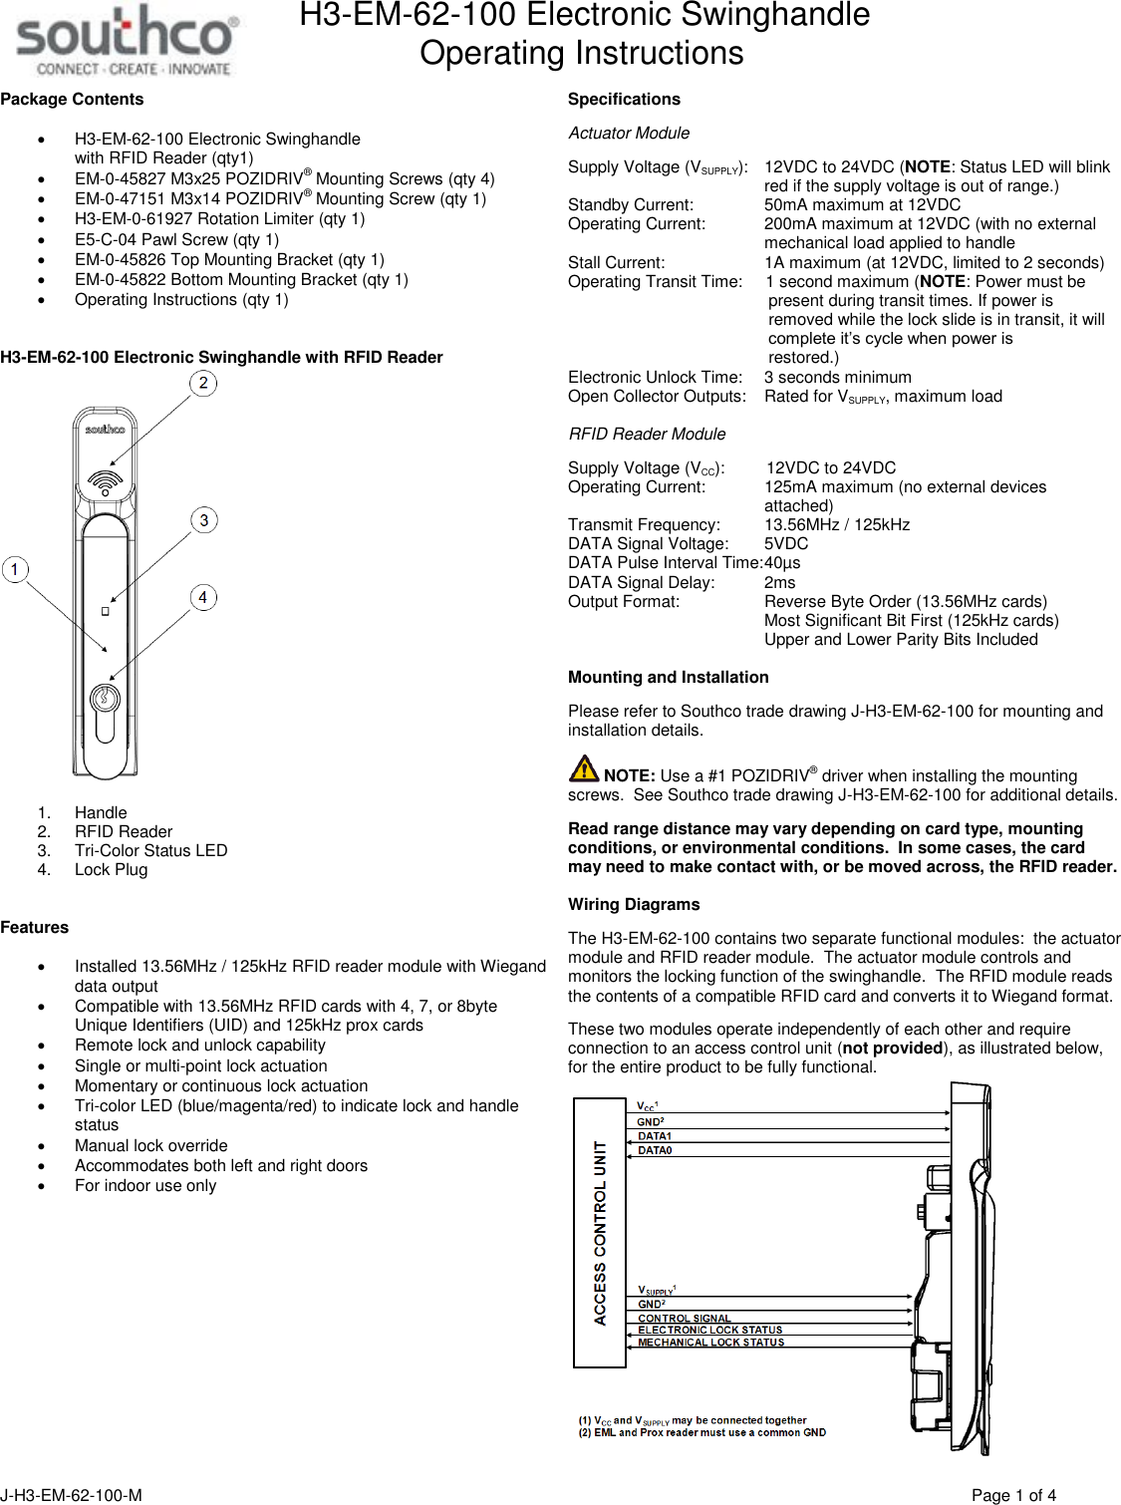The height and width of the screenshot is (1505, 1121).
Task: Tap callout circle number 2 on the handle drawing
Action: point(203,383)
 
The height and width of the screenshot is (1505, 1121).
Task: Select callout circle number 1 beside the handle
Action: point(15,569)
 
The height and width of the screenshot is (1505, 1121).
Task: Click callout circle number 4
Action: point(203,597)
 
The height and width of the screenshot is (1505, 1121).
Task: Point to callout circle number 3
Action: point(204,520)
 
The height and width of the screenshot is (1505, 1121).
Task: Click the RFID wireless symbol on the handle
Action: point(105,482)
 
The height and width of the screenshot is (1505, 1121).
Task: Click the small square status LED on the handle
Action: point(105,611)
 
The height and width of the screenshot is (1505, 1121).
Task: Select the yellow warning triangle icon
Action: point(584,768)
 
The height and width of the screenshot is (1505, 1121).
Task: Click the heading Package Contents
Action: point(72,99)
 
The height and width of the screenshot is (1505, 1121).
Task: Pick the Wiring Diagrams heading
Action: point(634,904)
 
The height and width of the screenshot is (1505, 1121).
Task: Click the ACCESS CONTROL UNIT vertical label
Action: point(600,1233)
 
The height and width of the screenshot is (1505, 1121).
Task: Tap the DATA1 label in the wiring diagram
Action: point(655,1136)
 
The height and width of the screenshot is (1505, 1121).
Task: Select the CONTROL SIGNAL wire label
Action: point(684,1318)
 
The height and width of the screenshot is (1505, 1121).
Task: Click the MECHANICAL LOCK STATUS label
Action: point(710,1343)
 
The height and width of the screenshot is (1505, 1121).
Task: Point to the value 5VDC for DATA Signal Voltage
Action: point(786,543)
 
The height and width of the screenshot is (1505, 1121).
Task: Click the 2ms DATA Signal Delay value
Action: point(779,582)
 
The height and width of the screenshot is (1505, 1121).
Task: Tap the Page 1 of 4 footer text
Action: point(1013,1495)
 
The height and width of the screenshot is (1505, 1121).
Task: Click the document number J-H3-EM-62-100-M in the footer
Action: point(71,1495)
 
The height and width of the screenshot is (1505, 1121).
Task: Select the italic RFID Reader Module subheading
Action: point(647,434)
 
